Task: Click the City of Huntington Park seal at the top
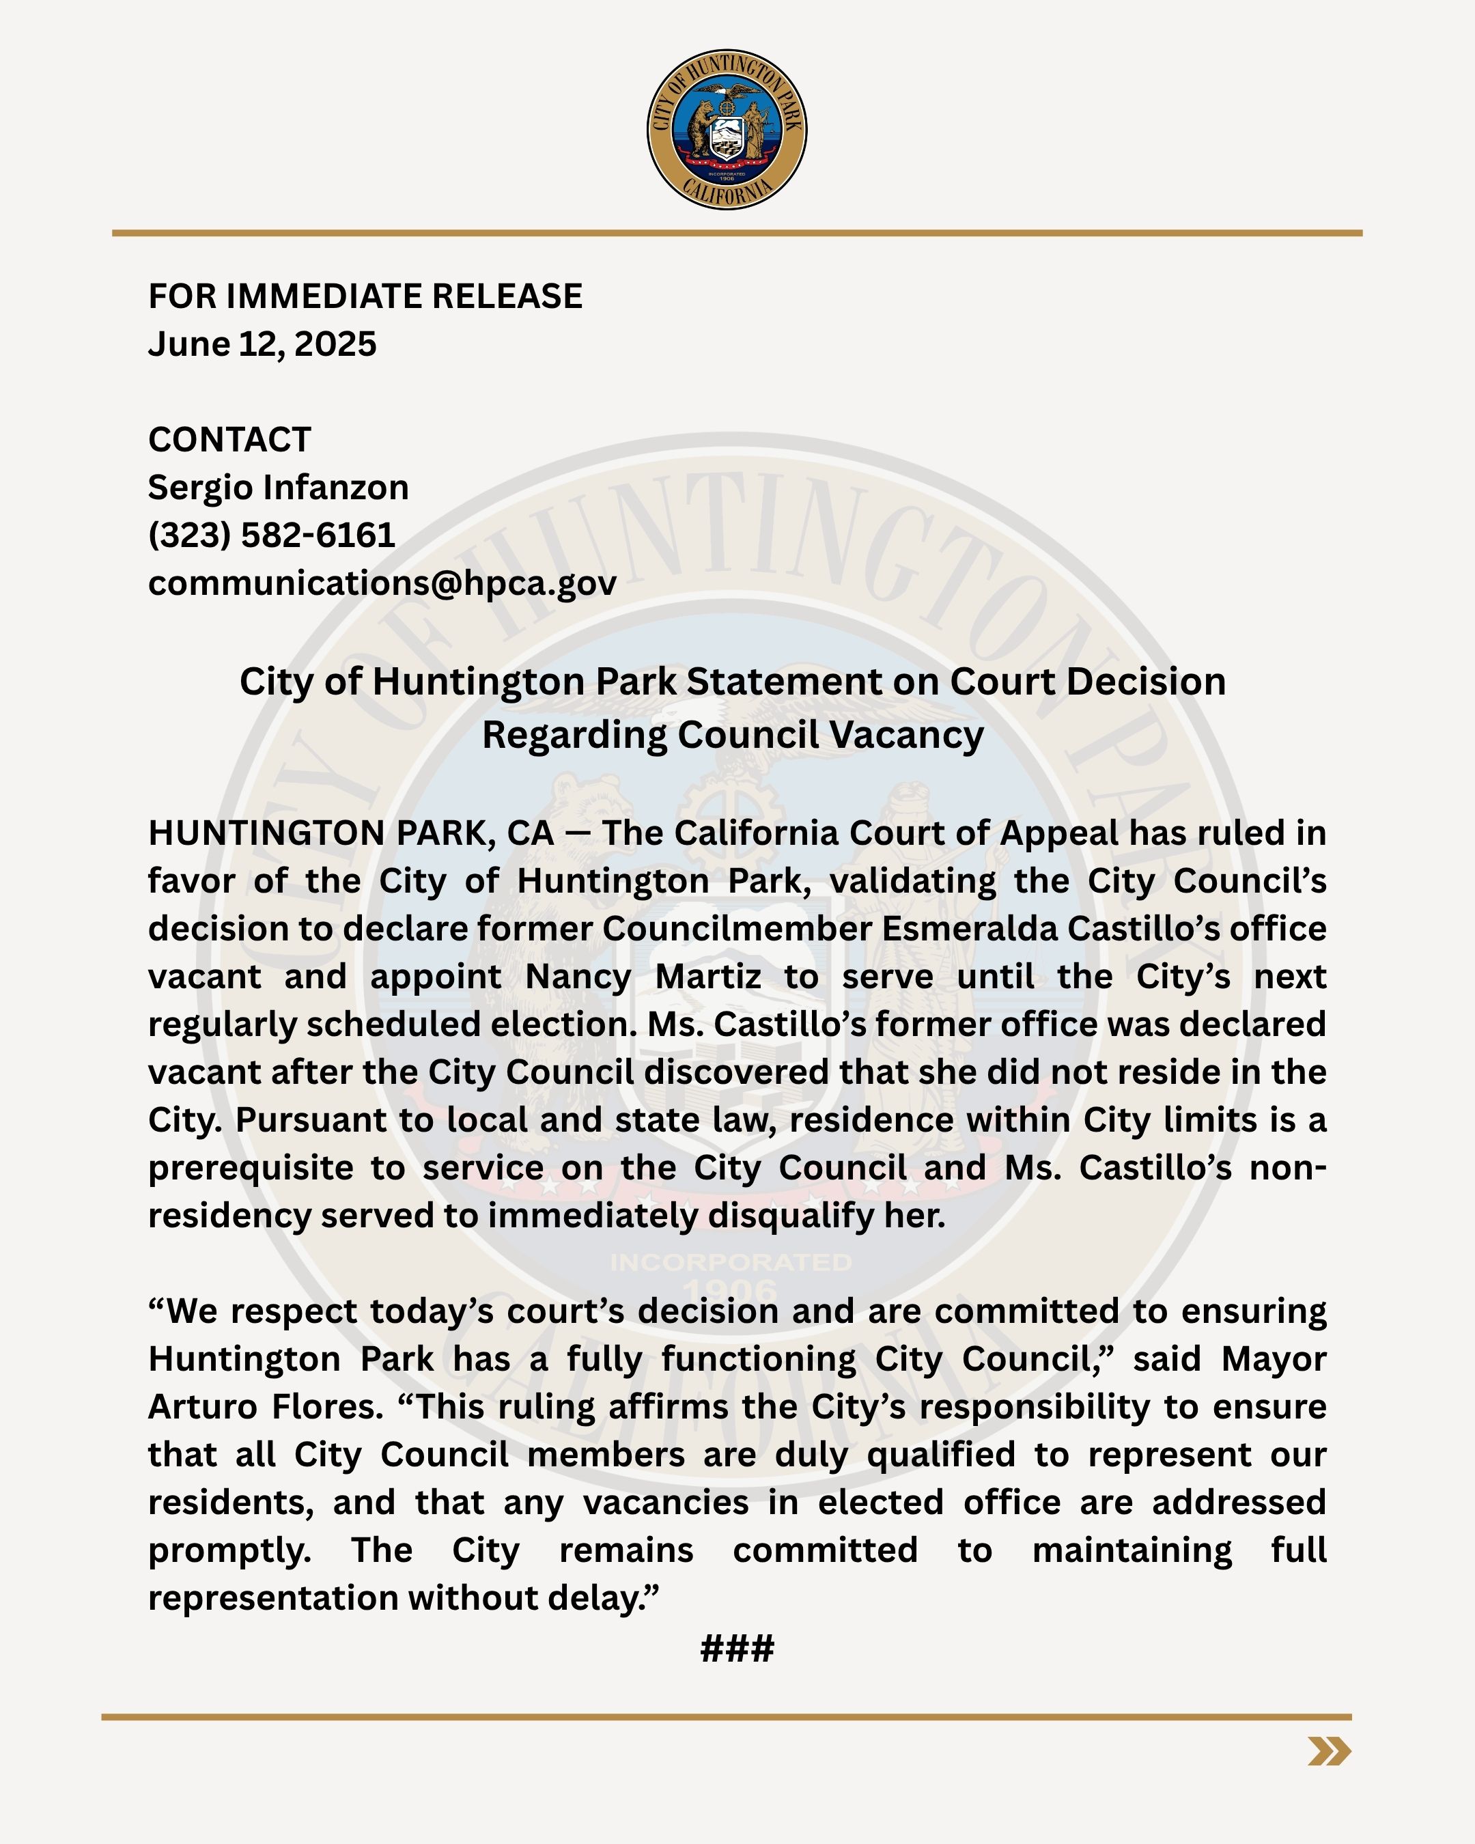coord(726,129)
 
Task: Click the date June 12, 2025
coord(262,344)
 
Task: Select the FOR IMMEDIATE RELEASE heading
coord(365,296)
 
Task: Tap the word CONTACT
coord(229,440)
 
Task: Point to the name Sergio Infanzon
coord(278,488)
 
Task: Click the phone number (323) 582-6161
coord(271,535)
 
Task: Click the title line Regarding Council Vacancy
coord(733,735)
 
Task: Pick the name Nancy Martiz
coord(643,977)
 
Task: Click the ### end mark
coord(737,1648)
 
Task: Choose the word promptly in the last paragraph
coord(229,1550)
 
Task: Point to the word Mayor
coord(1273,1359)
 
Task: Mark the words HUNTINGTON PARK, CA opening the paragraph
coord(350,833)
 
